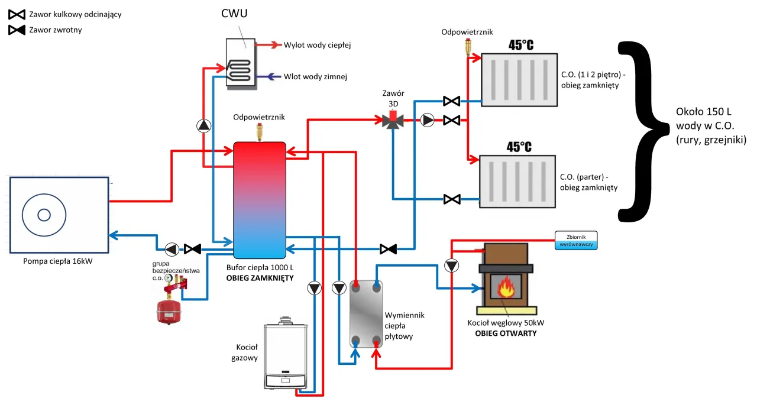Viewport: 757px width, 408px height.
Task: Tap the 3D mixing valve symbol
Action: pyautogui.click(x=393, y=121)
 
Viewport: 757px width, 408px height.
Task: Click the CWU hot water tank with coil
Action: pyautogui.click(x=241, y=63)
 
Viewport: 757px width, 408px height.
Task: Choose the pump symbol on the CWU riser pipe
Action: pyautogui.click(x=203, y=125)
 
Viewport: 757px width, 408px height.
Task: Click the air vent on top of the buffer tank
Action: pyautogui.click(x=258, y=131)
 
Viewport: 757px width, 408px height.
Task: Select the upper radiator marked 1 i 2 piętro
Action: pyautogui.click(x=519, y=80)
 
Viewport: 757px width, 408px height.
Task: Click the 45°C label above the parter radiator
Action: pyautogui.click(x=519, y=146)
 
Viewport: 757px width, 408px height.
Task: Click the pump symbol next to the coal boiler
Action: pyautogui.click(x=452, y=266)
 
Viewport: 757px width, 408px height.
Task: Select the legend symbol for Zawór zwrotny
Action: pyautogui.click(x=17, y=30)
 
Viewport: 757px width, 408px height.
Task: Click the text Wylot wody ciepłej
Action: pyautogui.click(x=318, y=45)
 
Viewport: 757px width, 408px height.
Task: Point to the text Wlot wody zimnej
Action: pyautogui.click(x=315, y=76)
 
